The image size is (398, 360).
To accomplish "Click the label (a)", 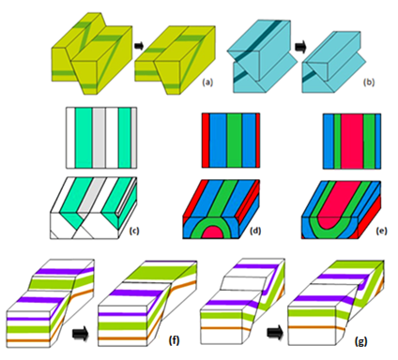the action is coord(207,82).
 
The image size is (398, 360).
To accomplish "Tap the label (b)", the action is coord(369,82).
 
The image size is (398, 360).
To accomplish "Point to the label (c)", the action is coord(134,231).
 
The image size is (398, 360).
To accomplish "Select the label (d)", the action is coord(255,231).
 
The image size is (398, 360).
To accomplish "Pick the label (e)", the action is coord(382,231).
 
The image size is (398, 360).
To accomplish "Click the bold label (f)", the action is coord(174,340).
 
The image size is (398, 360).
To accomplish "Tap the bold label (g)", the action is coord(360,341).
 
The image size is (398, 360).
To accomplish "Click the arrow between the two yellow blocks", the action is coord(138,46).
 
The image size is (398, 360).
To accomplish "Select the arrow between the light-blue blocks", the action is coord(300,47).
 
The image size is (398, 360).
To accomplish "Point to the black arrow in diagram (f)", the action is coord(81,335).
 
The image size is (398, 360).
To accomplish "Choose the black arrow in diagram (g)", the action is coord(275,333).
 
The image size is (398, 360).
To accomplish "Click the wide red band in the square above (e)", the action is coord(352,142).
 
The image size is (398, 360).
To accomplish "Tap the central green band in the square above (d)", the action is coord(235,141).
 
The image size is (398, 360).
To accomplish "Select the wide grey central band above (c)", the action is coord(99,138).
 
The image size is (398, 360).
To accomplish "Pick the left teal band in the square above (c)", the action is coord(84,138).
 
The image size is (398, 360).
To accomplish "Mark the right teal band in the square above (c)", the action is coord(125,138).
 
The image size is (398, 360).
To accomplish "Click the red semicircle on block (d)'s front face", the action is coord(215,232).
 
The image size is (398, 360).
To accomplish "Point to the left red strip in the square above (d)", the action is coord(206,141).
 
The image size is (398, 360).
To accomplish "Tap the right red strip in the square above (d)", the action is coord(258,141).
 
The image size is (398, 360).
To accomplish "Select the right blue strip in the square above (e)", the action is coord(377,142).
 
